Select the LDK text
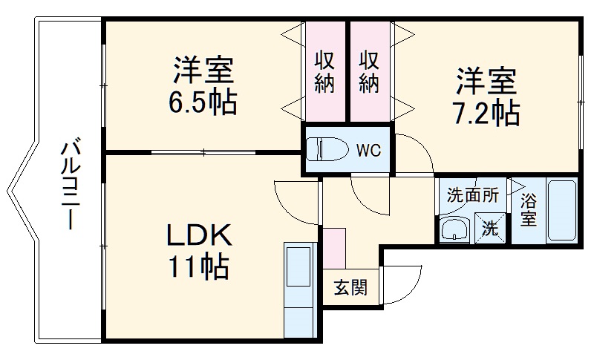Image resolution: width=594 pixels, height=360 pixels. [x=199, y=236]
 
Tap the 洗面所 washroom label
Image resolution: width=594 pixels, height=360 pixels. [x=471, y=196]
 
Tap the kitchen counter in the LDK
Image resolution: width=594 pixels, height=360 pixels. [x=300, y=289]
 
